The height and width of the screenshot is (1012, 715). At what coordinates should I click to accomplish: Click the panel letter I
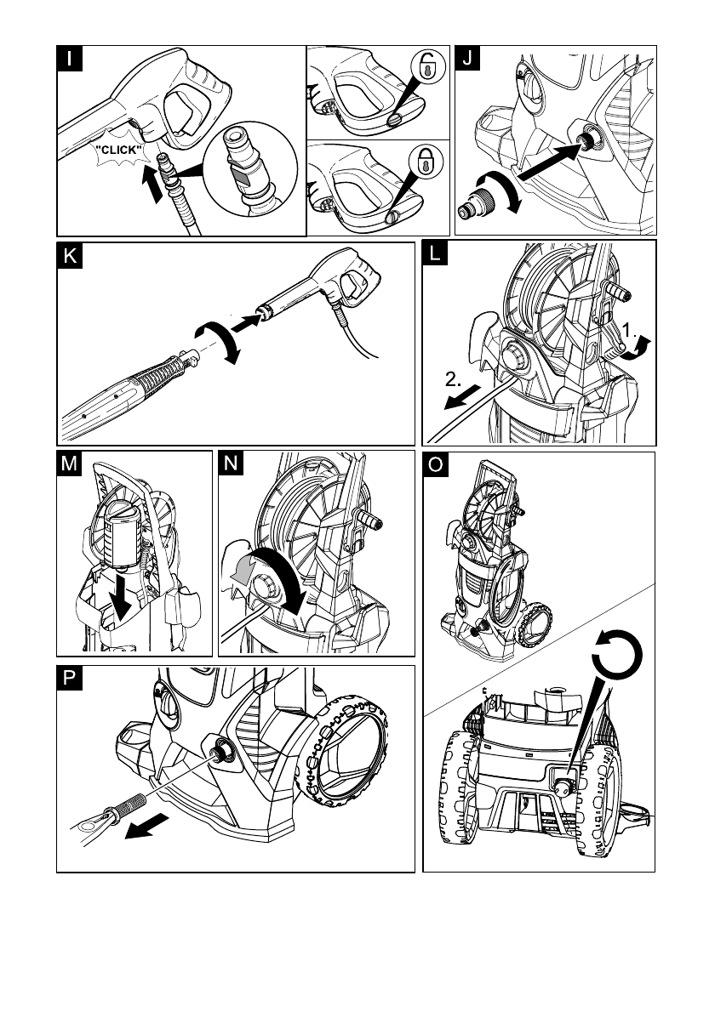coord(70,59)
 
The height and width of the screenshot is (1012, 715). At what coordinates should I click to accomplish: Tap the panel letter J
coord(467,58)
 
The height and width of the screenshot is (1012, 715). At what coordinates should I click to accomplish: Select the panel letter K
coord(70,256)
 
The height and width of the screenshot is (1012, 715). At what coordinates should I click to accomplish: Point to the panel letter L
coord(435,253)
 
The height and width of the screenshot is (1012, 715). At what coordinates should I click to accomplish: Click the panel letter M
coord(69,463)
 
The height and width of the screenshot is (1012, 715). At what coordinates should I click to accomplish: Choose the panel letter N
coord(232,463)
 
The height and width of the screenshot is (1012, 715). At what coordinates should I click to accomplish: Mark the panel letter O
coord(436,464)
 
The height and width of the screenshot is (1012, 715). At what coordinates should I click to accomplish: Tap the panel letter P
coord(70,679)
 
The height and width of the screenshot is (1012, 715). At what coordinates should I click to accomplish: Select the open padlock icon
coord(427,66)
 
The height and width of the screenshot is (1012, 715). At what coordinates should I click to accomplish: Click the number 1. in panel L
coord(629,331)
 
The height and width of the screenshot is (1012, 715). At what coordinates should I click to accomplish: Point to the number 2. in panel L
coord(453,379)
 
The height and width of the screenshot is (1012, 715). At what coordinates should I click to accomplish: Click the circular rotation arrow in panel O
coord(617,653)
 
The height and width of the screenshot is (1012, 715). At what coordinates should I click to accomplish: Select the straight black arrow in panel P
coord(146,827)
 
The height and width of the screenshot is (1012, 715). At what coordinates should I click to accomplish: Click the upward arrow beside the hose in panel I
coord(152,183)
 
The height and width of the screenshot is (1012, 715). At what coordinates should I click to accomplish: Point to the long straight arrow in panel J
coord(547,162)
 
